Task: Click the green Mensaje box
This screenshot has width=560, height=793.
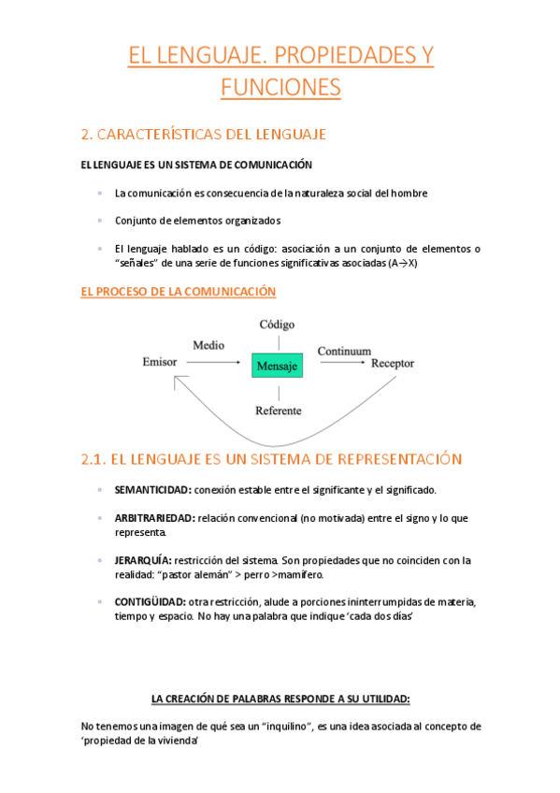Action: coord(277,367)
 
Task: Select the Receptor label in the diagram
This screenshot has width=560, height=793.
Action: coord(393,363)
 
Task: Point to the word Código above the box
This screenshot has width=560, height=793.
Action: coord(277,324)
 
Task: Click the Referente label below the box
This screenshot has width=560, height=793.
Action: coord(279,411)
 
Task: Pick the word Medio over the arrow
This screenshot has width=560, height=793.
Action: coord(208,345)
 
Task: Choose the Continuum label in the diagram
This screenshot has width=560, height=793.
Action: coord(344,352)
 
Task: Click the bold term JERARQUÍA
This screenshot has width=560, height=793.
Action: coord(143,559)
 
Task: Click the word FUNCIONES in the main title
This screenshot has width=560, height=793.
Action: coord(280,88)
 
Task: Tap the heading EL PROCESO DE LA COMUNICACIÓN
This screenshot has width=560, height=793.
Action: coord(179,292)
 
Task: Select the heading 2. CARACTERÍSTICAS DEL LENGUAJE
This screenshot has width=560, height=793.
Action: coord(204,135)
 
